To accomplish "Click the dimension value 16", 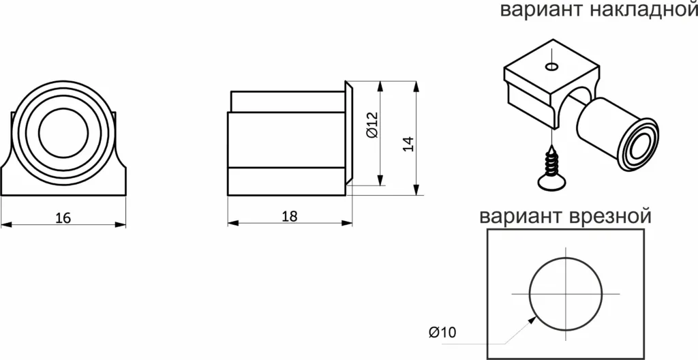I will coord(63,218).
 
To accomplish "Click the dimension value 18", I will coord(290,216).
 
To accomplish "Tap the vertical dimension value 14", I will coord(408,145).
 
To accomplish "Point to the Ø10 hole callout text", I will coord(442,333).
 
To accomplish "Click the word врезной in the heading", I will coord(608,217).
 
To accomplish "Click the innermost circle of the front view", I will coord(63,131).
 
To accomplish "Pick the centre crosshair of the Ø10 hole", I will coord(566,293).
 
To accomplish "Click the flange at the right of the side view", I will coord(348,133).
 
